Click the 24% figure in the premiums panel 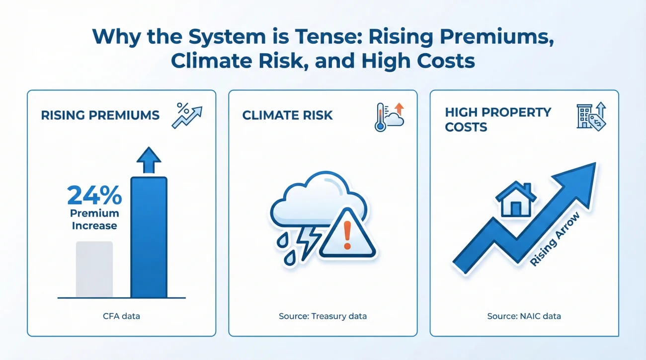94,196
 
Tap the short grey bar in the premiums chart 94,269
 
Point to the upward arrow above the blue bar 149,160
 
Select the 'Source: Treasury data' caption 323,316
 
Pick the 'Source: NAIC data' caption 524,316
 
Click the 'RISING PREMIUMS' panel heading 100,115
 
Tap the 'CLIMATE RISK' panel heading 287,115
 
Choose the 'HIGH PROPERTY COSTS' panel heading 498,119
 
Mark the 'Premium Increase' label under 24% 94,219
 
